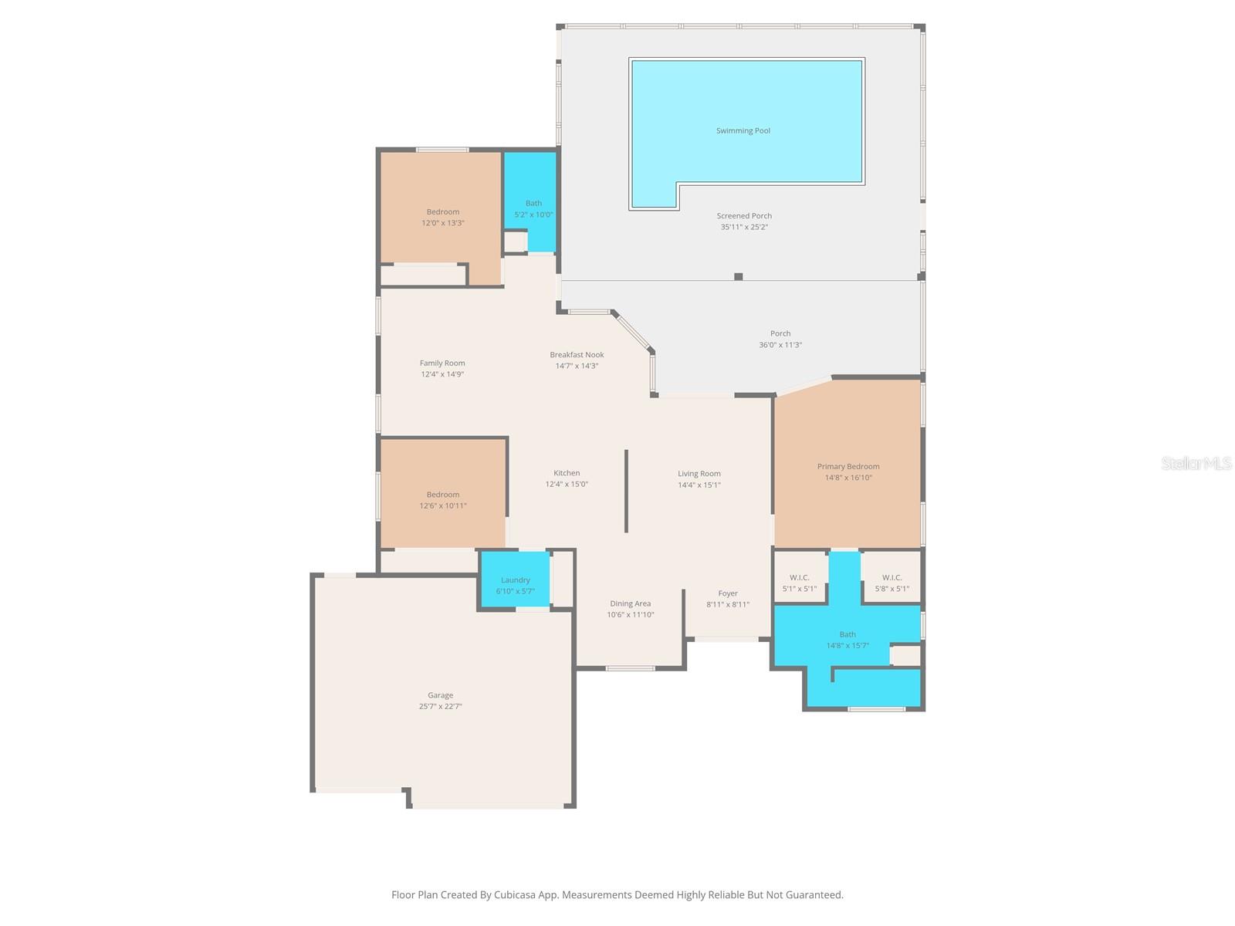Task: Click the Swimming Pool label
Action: pos(743,131)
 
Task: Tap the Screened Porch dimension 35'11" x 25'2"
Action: pos(744,228)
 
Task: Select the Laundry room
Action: pos(515,580)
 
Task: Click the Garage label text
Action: pos(441,695)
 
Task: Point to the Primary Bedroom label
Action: pos(848,467)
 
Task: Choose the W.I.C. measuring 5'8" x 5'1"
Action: pos(892,583)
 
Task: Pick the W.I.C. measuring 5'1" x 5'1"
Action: pos(799,583)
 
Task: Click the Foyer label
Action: pos(728,594)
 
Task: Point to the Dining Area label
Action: pos(630,604)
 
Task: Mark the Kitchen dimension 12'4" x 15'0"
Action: pos(567,485)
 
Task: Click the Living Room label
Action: pos(699,474)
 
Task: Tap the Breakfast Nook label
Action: pos(577,355)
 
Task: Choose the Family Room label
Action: pos(442,363)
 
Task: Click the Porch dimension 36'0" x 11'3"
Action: pos(780,345)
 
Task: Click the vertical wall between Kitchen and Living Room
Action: pos(626,491)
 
